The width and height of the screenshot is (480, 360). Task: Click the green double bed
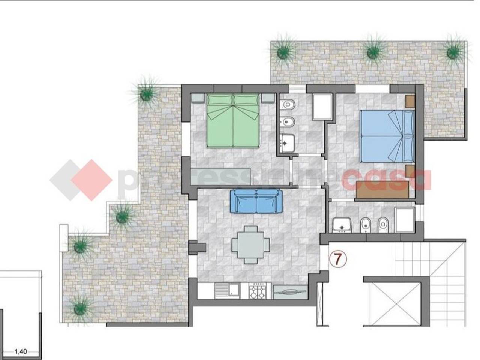(x=233, y=121)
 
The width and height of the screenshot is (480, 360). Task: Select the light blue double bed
(x=387, y=136)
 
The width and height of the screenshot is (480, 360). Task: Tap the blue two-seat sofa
(x=256, y=201)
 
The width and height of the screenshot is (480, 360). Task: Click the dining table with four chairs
(x=250, y=245)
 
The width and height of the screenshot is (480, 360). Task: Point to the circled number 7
(x=338, y=259)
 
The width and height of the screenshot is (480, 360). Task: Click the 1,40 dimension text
(x=21, y=351)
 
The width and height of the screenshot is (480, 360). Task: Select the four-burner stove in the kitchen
(x=257, y=291)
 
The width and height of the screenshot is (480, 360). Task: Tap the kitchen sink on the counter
(x=226, y=291)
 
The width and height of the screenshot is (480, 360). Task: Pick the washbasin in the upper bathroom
(x=287, y=143)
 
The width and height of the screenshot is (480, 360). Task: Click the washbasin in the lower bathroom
(x=342, y=225)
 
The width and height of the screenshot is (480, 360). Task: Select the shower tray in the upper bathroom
(x=322, y=107)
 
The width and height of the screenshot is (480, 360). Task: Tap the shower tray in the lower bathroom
(x=405, y=220)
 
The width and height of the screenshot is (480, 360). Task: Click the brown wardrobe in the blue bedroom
(x=382, y=190)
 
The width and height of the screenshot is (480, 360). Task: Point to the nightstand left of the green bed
(x=198, y=98)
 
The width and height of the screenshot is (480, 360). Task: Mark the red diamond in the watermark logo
(x=92, y=180)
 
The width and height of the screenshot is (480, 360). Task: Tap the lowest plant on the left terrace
(x=79, y=308)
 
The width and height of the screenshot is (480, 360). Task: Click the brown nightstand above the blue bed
(x=410, y=101)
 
